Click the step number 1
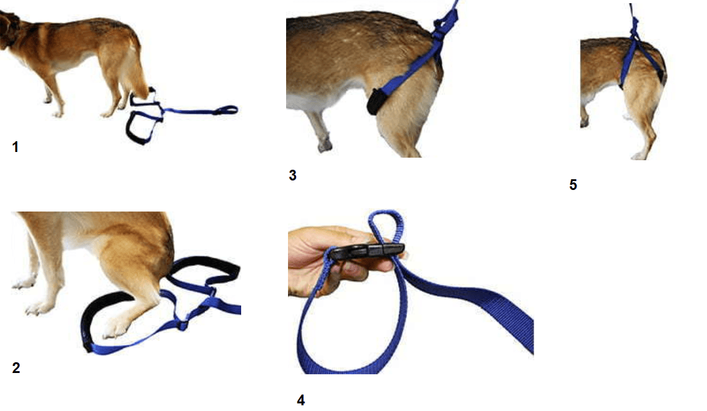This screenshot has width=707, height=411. click(15, 147)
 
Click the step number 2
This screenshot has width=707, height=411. click(16, 368)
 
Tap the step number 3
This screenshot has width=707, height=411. click(292, 175)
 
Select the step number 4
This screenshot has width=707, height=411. click(301, 400)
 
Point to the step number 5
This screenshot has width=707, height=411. click(573, 184)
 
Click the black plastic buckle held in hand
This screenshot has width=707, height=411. click(366, 251)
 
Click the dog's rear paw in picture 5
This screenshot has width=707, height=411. click(639, 156)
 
